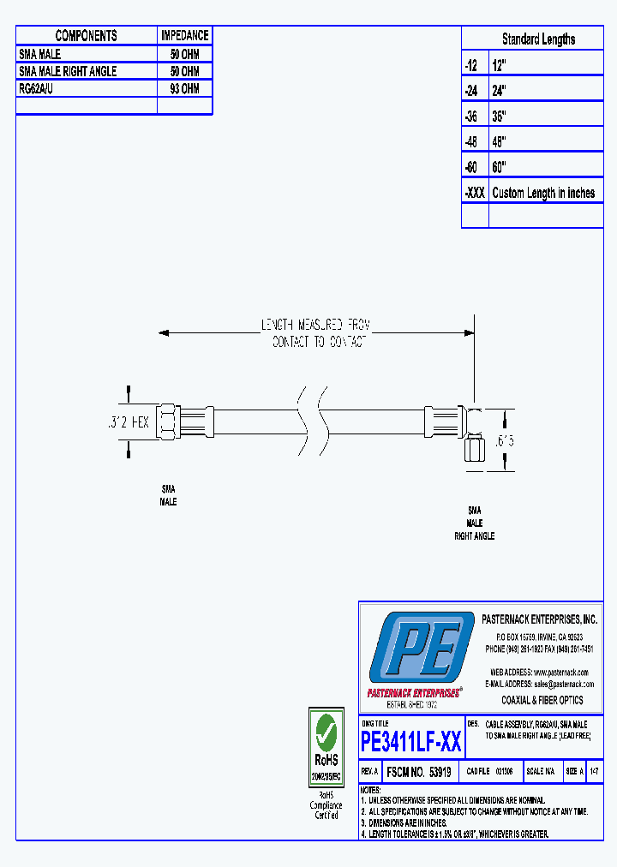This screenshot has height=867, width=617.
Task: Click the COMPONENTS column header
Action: tap(86, 35)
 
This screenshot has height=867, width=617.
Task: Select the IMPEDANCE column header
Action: tap(184, 35)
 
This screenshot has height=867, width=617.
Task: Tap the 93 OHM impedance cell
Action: tap(184, 88)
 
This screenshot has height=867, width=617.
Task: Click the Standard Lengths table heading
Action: tap(538, 39)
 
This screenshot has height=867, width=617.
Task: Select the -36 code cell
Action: tap(474, 116)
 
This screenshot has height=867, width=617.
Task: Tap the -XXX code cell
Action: tap(475, 193)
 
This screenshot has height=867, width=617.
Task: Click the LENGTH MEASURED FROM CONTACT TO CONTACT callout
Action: tap(315, 333)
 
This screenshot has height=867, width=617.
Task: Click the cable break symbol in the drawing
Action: tap(311, 422)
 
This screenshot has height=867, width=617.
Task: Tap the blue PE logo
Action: tap(419, 649)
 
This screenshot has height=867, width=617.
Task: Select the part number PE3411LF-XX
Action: tap(411, 741)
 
